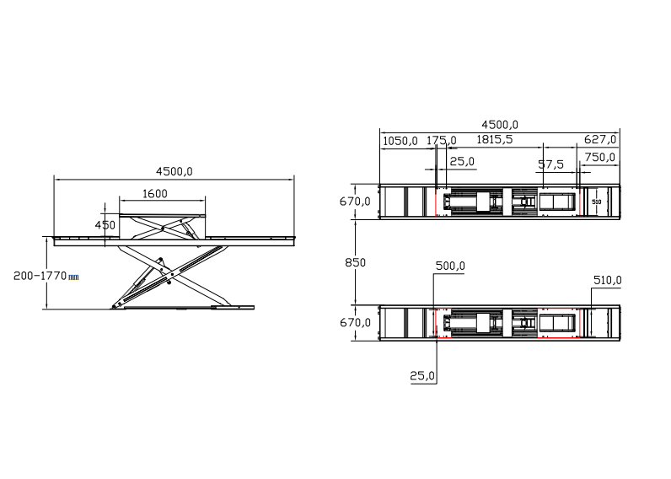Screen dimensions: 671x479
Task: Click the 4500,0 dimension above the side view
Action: coord(174,172)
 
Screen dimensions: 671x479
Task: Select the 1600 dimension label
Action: coord(154,194)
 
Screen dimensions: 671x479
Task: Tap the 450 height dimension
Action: coord(105,225)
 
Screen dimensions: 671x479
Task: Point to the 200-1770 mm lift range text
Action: coord(46,276)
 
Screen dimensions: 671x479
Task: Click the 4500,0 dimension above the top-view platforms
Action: coord(500,125)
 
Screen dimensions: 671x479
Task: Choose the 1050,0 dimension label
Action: coord(400,141)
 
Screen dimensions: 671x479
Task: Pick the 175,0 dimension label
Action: coord(442,140)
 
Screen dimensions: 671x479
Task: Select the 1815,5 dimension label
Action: coord(494,139)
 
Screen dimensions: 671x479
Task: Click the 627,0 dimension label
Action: coord(600,139)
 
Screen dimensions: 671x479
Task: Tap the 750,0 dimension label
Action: coord(600,158)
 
